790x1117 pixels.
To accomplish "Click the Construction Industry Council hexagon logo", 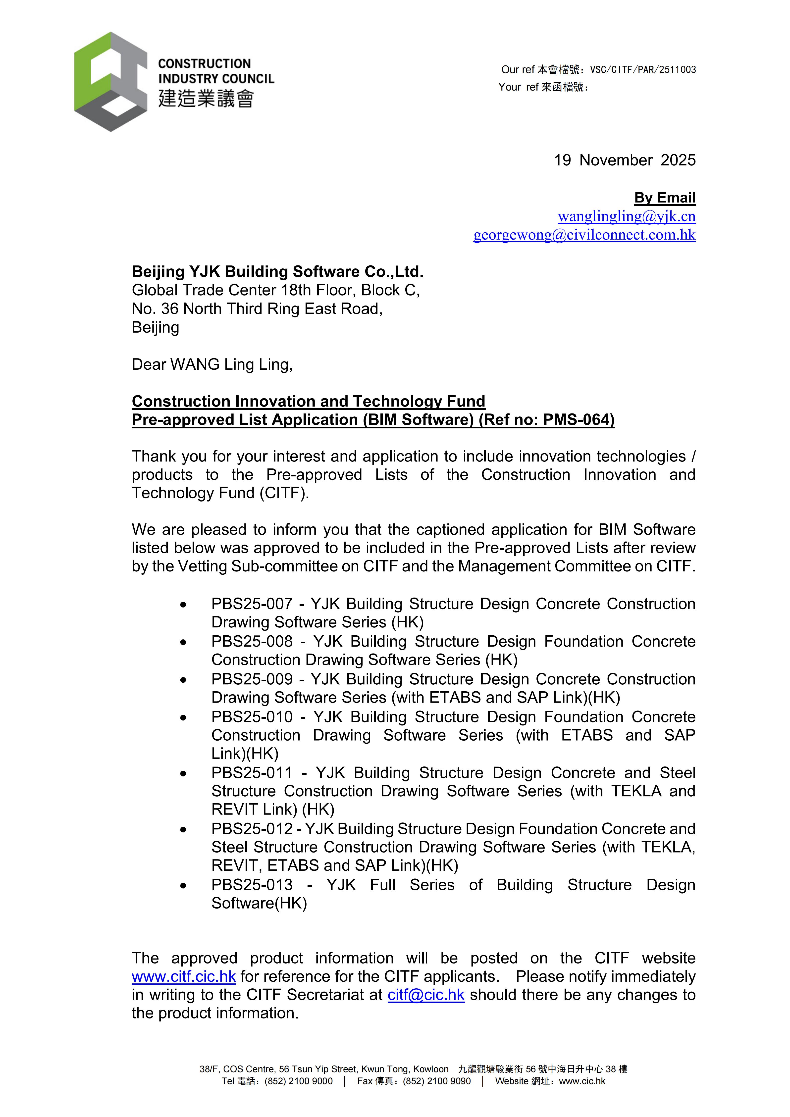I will (x=111, y=82).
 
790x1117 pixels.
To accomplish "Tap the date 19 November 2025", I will (x=625, y=160).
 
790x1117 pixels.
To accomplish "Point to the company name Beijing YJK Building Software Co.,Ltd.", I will (x=277, y=271).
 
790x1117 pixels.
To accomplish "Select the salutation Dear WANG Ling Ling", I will (x=212, y=364).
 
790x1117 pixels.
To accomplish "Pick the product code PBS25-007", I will (x=252, y=604).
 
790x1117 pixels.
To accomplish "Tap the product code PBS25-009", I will (x=252, y=679).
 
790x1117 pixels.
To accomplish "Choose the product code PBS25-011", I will (x=252, y=772).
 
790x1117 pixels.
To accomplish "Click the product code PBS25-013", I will (x=252, y=884).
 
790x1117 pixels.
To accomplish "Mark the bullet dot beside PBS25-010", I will (x=183, y=717).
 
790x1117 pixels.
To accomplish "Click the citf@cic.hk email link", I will (x=426, y=995).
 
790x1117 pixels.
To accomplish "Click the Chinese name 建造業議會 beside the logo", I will (x=206, y=98).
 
